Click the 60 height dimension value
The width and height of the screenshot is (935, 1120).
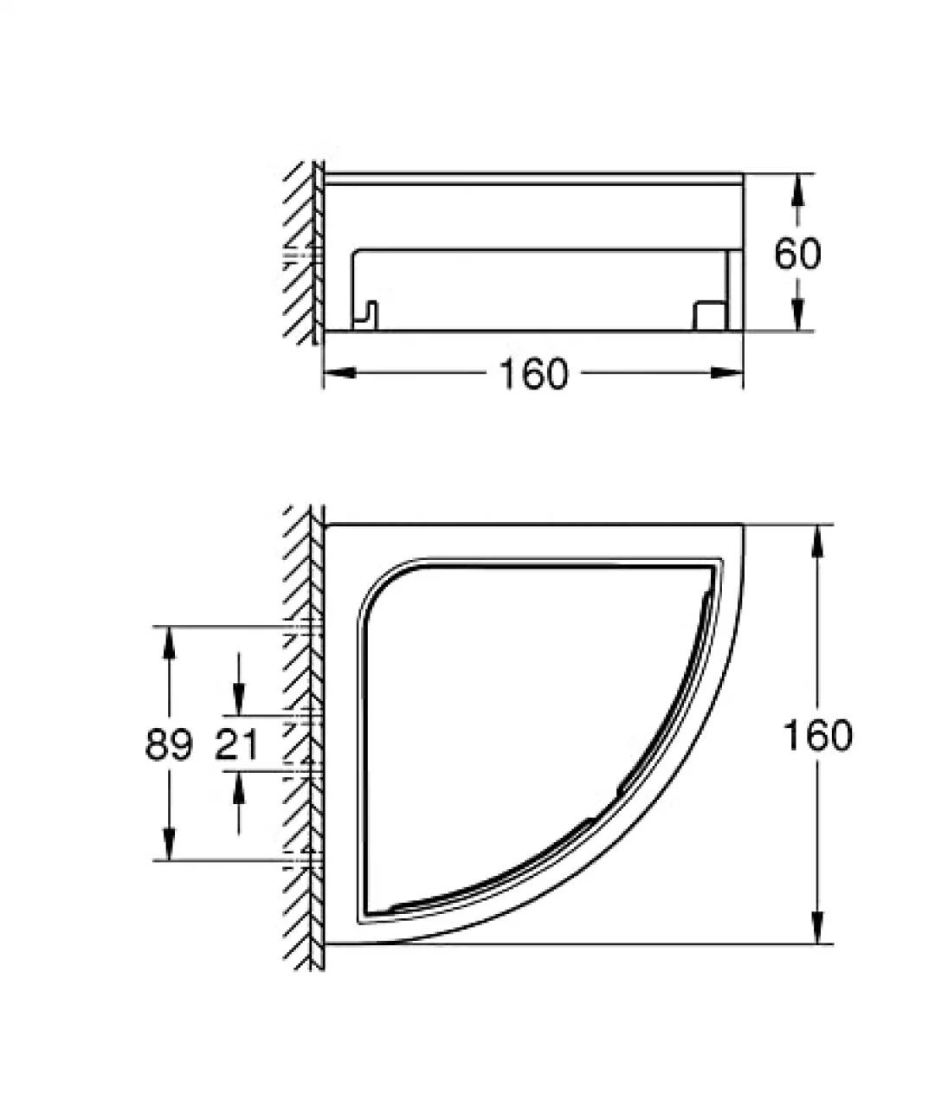(x=797, y=254)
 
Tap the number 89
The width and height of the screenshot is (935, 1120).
(x=169, y=744)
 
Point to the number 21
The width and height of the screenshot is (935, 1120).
(x=236, y=744)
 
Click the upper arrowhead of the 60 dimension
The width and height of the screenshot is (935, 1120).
(x=797, y=190)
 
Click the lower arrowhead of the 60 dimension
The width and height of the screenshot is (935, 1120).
(x=797, y=315)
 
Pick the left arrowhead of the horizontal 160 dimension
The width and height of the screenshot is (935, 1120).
(x=340, y=372)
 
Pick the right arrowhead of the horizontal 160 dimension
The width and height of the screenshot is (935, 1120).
(x=726, y=372)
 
